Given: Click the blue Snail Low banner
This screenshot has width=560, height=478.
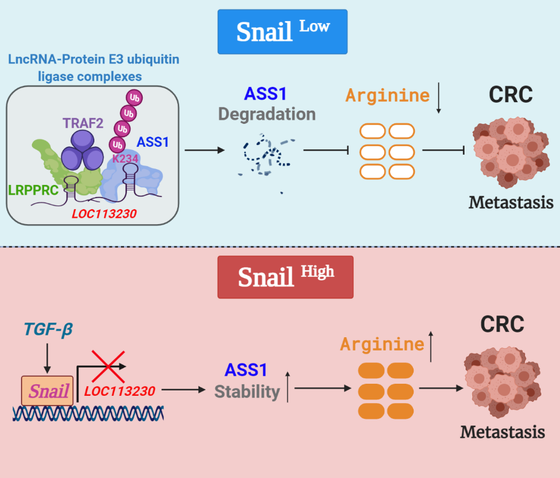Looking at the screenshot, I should pyautogui.click(x=282, y=31).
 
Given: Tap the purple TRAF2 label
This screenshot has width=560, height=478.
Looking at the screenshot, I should pyautogui.click(x=83, y=123).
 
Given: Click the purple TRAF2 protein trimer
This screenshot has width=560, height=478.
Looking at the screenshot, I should pyautogui.click(x=84, y=151).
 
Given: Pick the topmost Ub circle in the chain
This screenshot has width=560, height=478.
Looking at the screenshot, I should pyautogui.click(x=134, y=97).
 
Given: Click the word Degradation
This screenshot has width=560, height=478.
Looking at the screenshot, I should pyautogui.click(x=267, y=114).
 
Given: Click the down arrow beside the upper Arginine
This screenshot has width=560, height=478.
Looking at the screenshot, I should pyautogui.click(x=439, y=100).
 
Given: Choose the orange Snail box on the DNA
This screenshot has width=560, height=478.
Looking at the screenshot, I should pyautogui.click(x=48, y=390).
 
